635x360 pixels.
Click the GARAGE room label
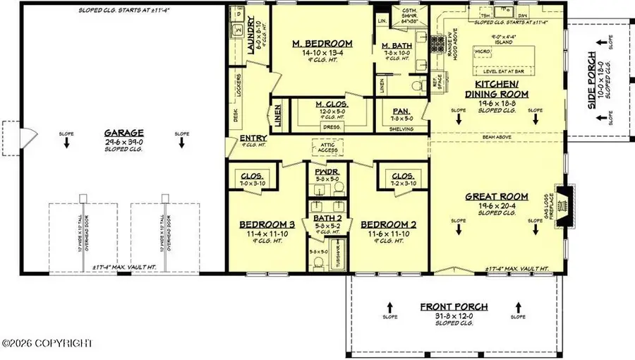click(x=123, y=132)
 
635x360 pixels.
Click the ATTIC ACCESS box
click(x=328, y=146)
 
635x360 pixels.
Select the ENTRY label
click(x=252, y=138)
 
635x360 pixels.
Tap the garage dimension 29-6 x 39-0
click(x=123, y=141)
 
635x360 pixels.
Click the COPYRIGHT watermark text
click(x=48, y=343)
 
